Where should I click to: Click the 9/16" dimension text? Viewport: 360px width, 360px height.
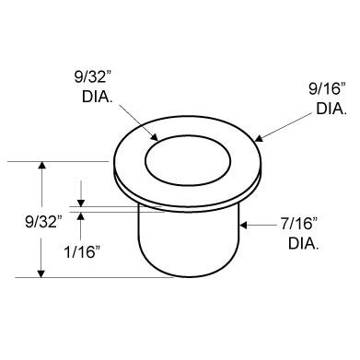[x=327, y=89]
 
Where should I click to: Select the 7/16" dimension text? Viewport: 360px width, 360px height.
[x=298, y=225]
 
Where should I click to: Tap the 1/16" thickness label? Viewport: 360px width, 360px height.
[x=82, y=252]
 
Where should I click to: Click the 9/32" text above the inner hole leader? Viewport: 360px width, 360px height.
[x=92, y=77]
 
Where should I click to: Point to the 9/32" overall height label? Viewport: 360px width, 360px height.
[x=43, y=222]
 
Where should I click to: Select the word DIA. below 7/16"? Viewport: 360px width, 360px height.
[x=303, y=244]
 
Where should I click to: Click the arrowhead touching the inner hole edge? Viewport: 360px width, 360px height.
[x=155, y=137]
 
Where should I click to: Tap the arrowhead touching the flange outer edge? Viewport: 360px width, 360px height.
[x=259, y=139]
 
